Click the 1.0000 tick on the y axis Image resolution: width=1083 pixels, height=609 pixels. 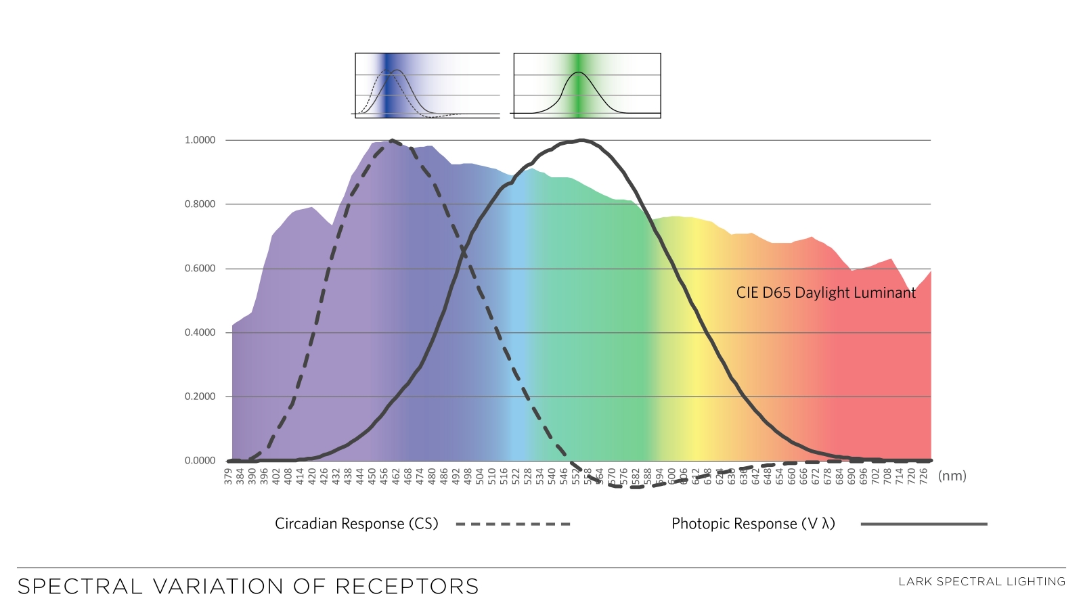[200, 140]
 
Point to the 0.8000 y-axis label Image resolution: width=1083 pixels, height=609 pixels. [200, 204]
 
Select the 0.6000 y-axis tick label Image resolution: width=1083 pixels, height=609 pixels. [200, 269]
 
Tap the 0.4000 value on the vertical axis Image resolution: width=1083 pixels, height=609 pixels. [200, 332]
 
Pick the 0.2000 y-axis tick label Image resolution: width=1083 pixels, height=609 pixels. [200, 397]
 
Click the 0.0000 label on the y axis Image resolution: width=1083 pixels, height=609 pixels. [200, 461]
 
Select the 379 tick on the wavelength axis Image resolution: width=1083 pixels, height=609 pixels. [228, 476]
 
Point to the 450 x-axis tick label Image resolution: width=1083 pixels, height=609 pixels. [372, 476]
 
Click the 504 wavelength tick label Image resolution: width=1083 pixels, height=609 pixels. [480, 476]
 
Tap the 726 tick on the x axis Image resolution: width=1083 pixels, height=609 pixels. [923, 476]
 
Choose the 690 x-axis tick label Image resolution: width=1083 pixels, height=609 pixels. [852, 476]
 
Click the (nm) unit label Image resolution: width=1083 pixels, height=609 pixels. [952, 476]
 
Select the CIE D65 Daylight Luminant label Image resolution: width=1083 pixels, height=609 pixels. [826, 293]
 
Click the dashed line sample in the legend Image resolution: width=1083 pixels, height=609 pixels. [513, 524]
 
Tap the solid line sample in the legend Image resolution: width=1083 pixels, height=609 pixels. [924, 524]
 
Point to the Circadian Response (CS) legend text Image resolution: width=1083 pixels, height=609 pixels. [357, 524]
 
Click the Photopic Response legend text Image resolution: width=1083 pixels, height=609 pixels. [753, 524]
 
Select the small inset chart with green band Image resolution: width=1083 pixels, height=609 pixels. [587, 86]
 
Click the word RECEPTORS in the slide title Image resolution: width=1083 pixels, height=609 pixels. [407, 586]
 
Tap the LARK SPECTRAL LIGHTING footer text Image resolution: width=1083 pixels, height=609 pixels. [981, 581]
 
